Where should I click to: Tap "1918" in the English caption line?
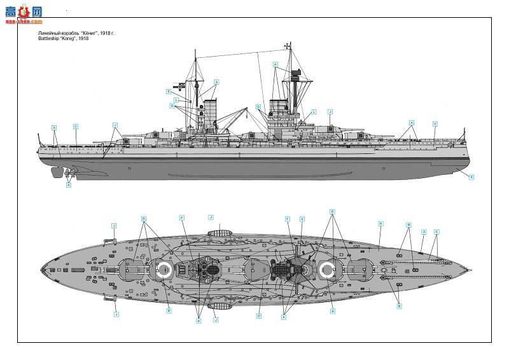(x=82, y=38)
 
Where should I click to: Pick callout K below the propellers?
(x=69, y=185)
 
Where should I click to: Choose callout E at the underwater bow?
(x=471, y=177)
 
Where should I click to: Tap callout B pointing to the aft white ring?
(x=169, y=310)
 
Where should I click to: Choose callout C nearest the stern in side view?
(x=75, y=126)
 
